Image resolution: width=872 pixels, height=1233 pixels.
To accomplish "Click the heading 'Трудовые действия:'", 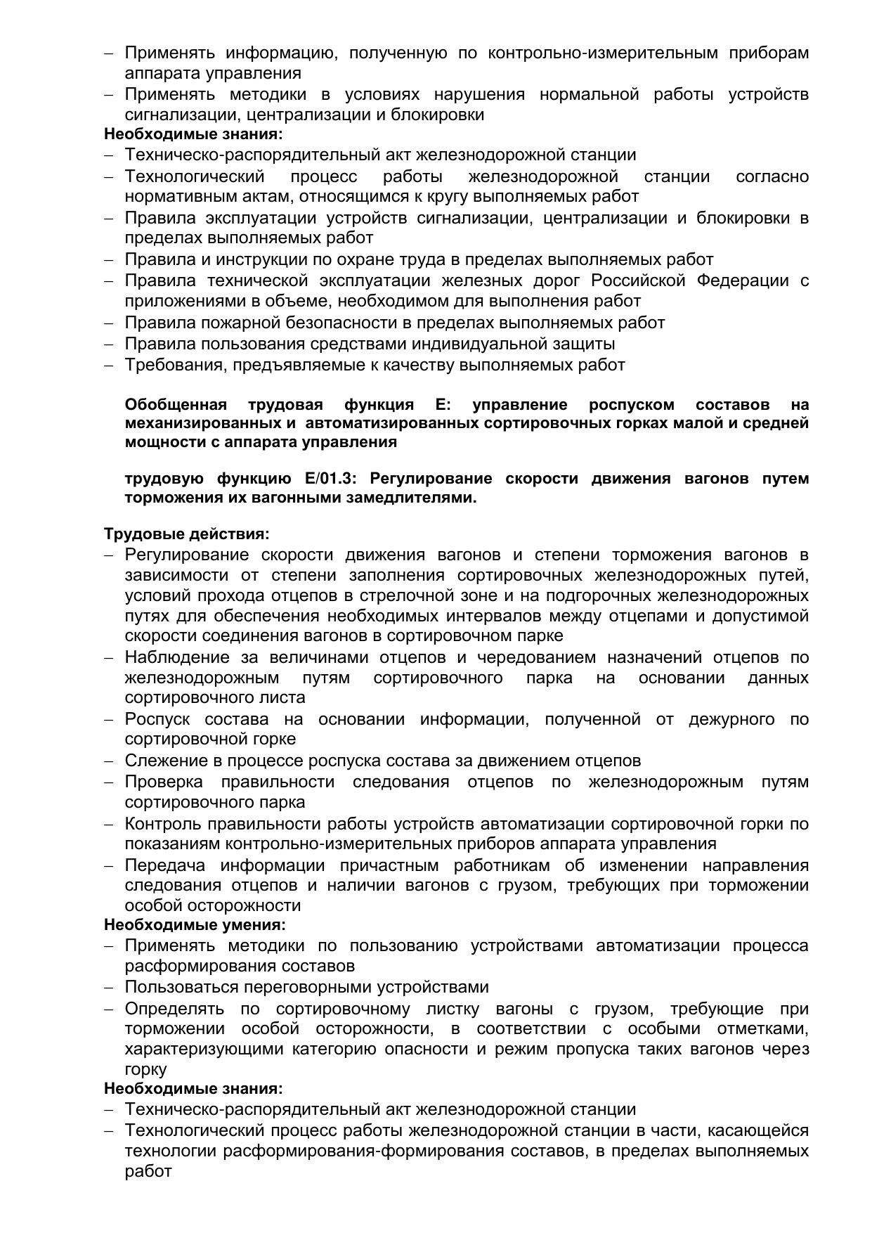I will [x=187, y=534].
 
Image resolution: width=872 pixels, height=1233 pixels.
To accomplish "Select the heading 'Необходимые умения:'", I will [x=195, y=924].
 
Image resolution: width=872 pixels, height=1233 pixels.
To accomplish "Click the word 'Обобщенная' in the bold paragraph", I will [x=176, y=405].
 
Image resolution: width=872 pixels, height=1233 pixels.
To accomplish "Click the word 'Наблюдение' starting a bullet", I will [x=177, y=657].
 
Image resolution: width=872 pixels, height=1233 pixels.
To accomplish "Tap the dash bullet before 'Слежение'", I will [x=109, y=761].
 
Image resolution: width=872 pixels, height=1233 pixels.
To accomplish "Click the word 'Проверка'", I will [x=164, y=782].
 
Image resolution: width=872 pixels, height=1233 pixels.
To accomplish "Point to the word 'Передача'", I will [x=165, y=865].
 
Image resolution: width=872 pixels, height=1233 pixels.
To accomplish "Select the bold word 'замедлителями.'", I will [x=423, y=498].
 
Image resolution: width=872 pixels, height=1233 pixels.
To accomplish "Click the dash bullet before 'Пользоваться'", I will [x=109, y=988].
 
